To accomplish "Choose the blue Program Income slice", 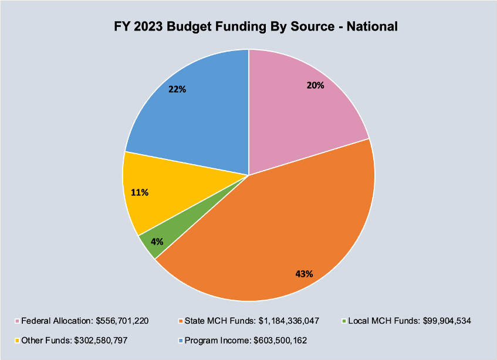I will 194,111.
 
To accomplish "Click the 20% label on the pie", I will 315,85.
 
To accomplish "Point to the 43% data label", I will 304,273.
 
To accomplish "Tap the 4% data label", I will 156,241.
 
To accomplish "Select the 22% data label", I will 177,90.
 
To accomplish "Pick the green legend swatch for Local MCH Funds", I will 343,321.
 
